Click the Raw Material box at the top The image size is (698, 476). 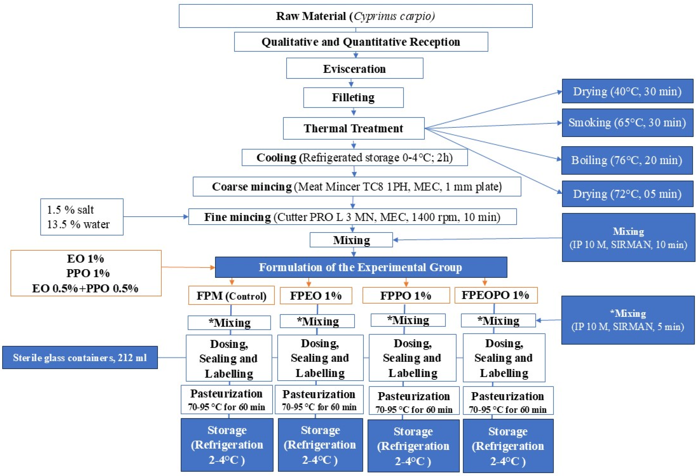coord(356,16)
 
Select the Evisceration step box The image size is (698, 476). coord(355,68)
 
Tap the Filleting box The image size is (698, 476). coord(353,97)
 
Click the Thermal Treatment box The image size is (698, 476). coord(353,128)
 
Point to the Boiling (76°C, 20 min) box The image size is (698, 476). coord(627,160)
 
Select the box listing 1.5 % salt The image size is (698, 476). coord(82,217)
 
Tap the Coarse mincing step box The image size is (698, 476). coord(357,186)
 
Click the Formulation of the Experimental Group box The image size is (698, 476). coord(361,267)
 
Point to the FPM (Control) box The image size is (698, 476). coord(231,296)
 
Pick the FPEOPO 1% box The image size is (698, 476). coord(496,295)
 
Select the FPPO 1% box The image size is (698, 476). coord(406,295)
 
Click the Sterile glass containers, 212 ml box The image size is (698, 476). coord(80,357)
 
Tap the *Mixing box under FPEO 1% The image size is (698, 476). coord(317,321)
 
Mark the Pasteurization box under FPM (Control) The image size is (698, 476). coord(227,399)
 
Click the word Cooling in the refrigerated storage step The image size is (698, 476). coord(276,157)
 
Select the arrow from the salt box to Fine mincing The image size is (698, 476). coord(156,217)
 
